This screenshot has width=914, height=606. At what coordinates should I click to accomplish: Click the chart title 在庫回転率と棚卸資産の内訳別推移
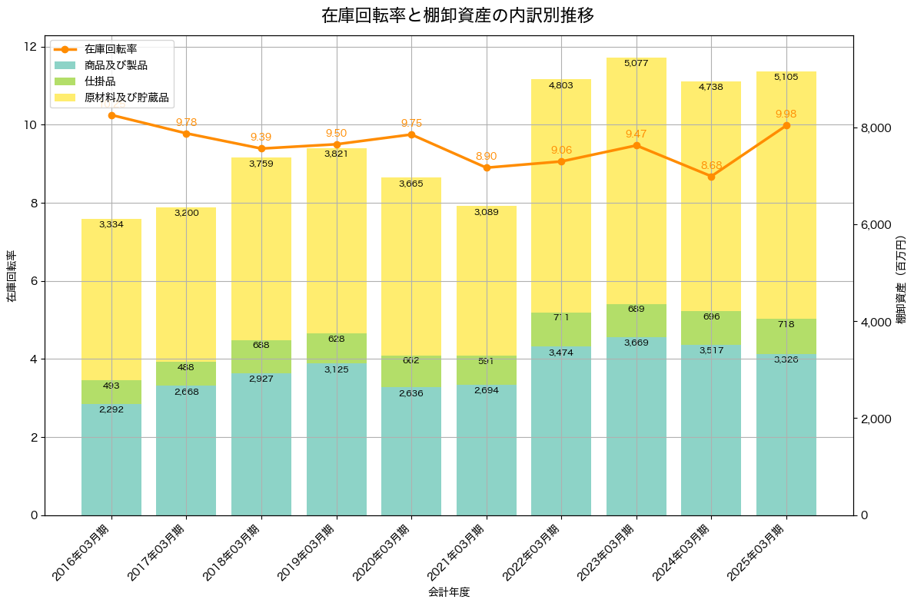457,15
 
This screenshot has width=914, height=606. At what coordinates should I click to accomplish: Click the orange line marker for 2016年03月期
111,115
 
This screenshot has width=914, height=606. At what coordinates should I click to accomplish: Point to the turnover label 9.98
786,114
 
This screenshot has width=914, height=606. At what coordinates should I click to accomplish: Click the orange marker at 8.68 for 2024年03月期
711,177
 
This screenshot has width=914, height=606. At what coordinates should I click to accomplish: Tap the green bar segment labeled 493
111,392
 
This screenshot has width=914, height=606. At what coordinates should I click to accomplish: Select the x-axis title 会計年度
448,592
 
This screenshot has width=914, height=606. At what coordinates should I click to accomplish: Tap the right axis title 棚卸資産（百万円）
902,275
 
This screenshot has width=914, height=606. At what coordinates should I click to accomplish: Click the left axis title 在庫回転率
12,276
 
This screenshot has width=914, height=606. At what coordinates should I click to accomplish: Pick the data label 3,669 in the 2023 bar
636,343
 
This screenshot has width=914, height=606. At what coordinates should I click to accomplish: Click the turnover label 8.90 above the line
486,156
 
